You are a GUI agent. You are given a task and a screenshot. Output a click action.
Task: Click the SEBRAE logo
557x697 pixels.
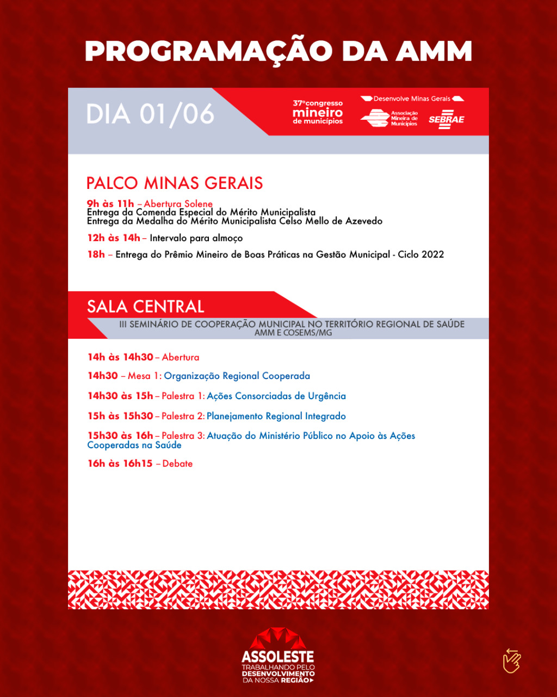pos(447,119)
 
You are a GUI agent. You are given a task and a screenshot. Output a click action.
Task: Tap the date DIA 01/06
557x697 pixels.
pos(150,114)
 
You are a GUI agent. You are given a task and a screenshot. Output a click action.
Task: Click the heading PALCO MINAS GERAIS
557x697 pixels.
pos(175,183)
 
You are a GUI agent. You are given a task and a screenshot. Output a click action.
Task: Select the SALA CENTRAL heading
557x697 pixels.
pos(146,307)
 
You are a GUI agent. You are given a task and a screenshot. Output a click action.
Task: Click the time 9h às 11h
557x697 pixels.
pos(110,204)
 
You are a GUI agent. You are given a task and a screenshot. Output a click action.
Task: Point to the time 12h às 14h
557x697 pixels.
pos(114,238)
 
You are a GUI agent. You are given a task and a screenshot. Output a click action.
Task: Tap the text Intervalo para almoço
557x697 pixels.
pos(196,239)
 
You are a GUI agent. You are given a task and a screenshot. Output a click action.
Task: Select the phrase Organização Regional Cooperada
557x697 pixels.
pos(237,376)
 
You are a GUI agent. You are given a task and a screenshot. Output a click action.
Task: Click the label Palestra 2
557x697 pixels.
pos(183,416)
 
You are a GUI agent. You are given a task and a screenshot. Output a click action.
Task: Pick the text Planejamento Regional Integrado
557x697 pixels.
pos(276,417)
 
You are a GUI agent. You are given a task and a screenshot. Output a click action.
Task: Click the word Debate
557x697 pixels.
pos(177,464)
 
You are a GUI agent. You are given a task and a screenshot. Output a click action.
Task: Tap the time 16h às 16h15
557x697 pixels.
pos(120,464)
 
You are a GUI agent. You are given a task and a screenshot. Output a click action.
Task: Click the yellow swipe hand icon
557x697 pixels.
pos(512,661)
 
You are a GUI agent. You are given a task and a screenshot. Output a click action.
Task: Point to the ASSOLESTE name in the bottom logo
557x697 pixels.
pos(278,657)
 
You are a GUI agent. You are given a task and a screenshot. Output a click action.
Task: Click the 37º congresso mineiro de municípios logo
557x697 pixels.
pos(318,112)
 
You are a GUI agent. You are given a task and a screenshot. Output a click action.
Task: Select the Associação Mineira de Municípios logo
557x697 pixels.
pos(389,118)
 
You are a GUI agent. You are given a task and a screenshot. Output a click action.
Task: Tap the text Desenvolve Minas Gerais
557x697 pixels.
pos(412,99)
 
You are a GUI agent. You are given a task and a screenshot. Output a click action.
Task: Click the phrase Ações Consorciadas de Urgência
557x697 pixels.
pos(276,396)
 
